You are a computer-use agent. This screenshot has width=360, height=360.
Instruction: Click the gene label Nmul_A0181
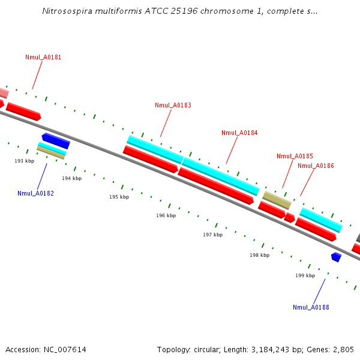click(x=43, y=58)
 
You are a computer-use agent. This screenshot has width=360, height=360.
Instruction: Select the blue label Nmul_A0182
click(x=35, y=193)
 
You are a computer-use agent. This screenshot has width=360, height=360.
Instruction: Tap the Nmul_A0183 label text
click(x=173, y=105)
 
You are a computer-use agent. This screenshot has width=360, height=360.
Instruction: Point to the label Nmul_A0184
click(x=239, y=133)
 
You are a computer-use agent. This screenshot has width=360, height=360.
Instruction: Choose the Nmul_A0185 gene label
click(x=295, y=156)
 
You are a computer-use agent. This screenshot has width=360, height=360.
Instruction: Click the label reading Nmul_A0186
click(x=316, y=166)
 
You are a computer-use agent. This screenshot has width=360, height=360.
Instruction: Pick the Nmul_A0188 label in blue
click(x=311, y=307)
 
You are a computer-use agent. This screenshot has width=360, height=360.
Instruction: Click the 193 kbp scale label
click(x=25, y=161)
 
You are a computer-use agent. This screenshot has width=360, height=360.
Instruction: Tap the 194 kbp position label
click(x=71, y=178)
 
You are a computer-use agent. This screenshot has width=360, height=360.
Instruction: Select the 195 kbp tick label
click(x=119, y=197)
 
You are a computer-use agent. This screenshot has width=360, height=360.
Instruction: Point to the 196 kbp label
click(x=166, y=215)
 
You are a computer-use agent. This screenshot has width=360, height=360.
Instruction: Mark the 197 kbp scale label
click(x=212, y=235)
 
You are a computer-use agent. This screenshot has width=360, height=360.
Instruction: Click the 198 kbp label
click(x=259, y=255)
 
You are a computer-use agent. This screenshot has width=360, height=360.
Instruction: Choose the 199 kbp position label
click(x=305, y=275)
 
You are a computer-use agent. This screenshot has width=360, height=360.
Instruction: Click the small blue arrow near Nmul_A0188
click(x=336, y=257)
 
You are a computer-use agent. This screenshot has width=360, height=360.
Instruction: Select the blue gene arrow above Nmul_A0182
click(x=56, y=141)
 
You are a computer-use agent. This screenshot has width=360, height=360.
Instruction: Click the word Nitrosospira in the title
click(x=65, y=11)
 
